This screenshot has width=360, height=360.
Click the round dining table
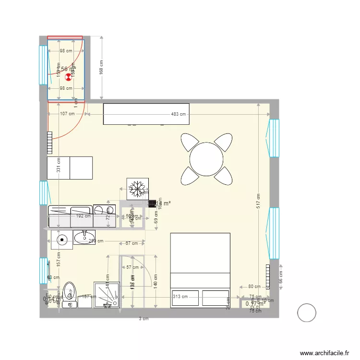pos(206,159)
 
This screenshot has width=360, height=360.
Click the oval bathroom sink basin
pos(85,236)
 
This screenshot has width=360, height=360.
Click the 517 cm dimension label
pos(258,201)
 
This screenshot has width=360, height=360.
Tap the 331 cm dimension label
pos(58,166)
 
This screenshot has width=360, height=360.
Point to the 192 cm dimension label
pos(83,216)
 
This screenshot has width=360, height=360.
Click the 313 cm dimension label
pos(180,296)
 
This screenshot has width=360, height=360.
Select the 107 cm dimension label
pos(67,114)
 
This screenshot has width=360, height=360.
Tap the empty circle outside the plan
pos(307,313)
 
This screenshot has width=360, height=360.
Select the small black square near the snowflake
pos(153,204)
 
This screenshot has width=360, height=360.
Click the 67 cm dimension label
pos(132,243)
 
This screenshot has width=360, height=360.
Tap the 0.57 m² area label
pos(255,303)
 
